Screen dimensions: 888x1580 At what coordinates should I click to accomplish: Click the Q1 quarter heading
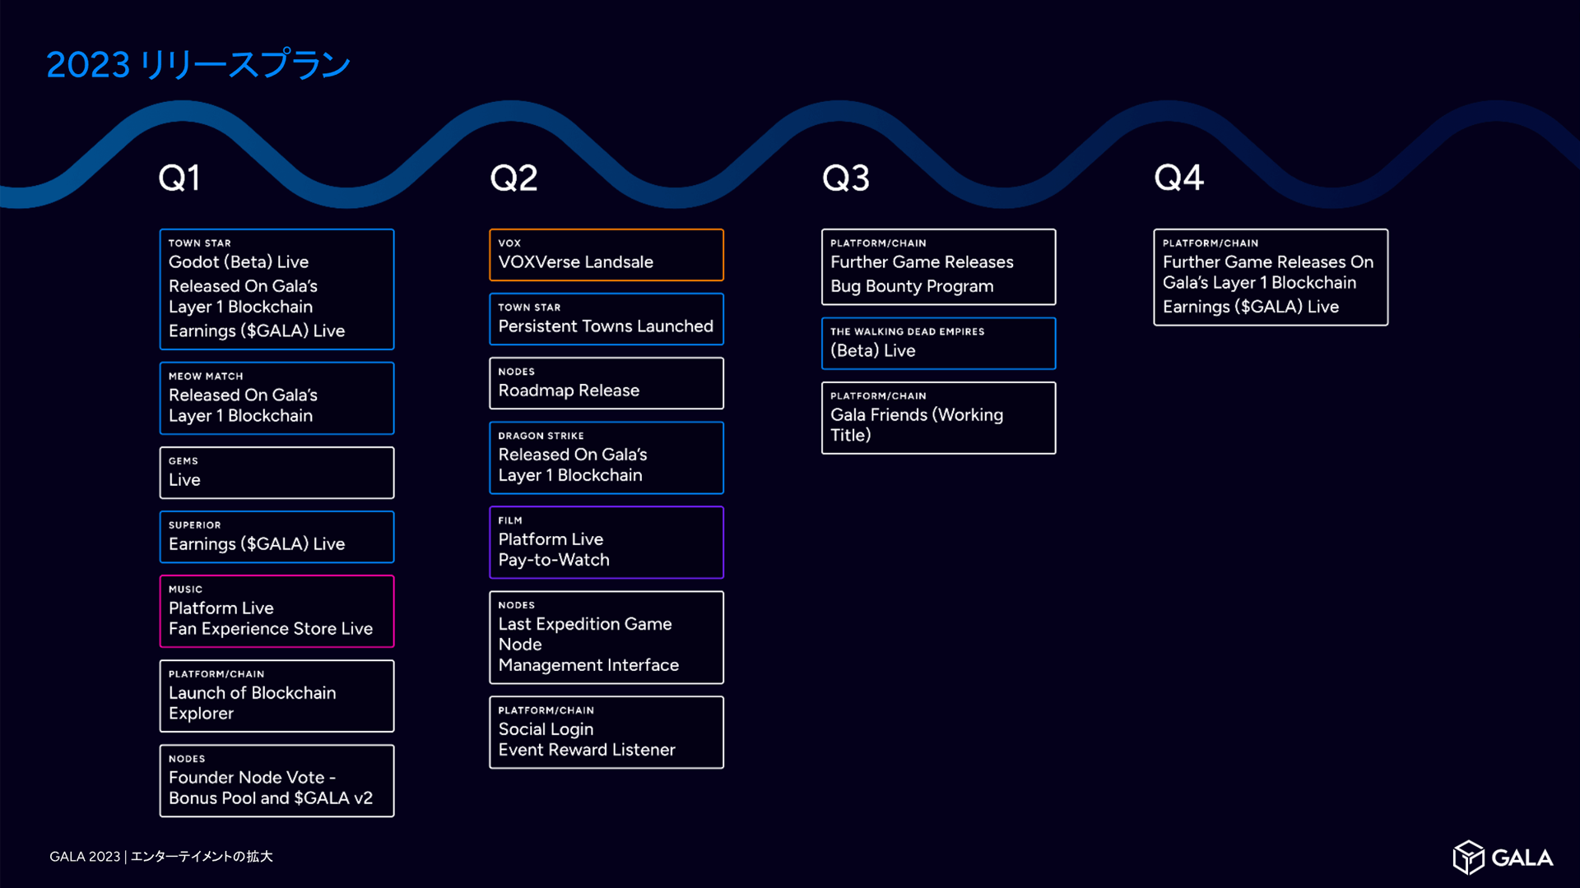[179, 178]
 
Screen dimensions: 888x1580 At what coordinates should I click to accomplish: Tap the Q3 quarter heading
[845, 178]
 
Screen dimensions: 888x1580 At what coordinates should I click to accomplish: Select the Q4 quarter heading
[1178, 178]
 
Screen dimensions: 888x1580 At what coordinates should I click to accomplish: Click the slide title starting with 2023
[198, 65]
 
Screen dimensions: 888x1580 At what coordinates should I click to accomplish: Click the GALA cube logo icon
[1468, 858]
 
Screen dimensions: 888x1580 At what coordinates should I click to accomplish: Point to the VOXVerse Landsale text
[575, 262]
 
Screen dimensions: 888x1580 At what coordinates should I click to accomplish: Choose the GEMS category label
[183, 461]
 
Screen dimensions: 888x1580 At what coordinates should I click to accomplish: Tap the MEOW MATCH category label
[206, 377]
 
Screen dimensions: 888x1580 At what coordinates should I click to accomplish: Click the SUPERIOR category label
[194, 525]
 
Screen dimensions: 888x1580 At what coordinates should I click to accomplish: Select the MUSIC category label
[185, 590]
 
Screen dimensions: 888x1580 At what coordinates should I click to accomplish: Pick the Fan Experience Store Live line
[270, 629]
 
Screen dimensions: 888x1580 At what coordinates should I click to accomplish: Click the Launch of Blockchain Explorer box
[276, 696]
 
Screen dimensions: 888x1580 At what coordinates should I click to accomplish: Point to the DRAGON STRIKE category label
[541, 436]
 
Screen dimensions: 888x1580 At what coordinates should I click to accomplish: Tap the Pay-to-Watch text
[554, 560]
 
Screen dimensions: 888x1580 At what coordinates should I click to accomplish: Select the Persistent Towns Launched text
[606, 326]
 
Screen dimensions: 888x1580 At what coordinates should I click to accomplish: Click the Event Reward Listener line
[586, 750]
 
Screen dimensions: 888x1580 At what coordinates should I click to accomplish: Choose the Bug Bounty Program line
[912, 286]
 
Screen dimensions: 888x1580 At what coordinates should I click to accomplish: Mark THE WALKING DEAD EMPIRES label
[907, 332]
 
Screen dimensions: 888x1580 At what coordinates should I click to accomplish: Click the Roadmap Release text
[569, 391]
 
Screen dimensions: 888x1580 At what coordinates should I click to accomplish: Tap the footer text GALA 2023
[85, 857]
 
